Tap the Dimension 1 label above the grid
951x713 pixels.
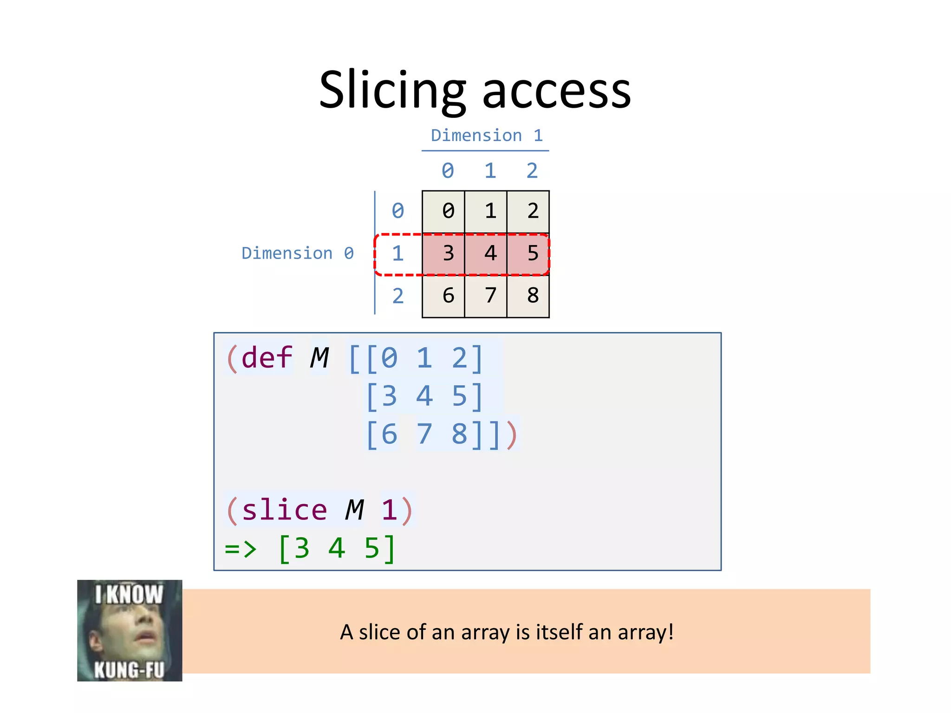tap(486, 136)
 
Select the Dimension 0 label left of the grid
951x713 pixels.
tap(298, 253)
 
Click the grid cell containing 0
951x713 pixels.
tap(443, 212)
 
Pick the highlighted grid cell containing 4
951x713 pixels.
tap(486, 254)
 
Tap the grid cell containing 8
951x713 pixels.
tap(528, 296)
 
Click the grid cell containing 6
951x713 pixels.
tap(443, 296)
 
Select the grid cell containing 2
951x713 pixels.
tap(528, 212)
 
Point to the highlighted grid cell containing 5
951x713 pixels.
tap(528, 254)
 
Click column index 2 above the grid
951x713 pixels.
tap(532, 171)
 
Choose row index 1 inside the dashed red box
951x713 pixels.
tap(397, 254)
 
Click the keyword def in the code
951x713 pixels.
tap(267, 358)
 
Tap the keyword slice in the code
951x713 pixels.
tap(284, 510)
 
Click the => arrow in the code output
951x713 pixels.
tap(241, 549)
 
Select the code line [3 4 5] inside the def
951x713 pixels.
tap(424, 396)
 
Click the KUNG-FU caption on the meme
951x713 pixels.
tap(129, 670)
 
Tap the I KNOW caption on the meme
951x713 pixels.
tap(129, 595)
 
